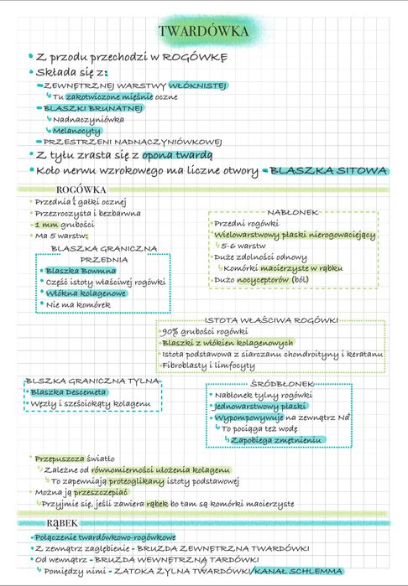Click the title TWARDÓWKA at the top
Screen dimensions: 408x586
pos(203,32)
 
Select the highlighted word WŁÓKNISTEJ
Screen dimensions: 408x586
pos(197,86)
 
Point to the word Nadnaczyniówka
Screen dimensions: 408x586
pos(88,120)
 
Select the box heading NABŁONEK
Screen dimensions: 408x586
pos(293,212)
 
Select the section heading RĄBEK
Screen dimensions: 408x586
pos(63,523)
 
